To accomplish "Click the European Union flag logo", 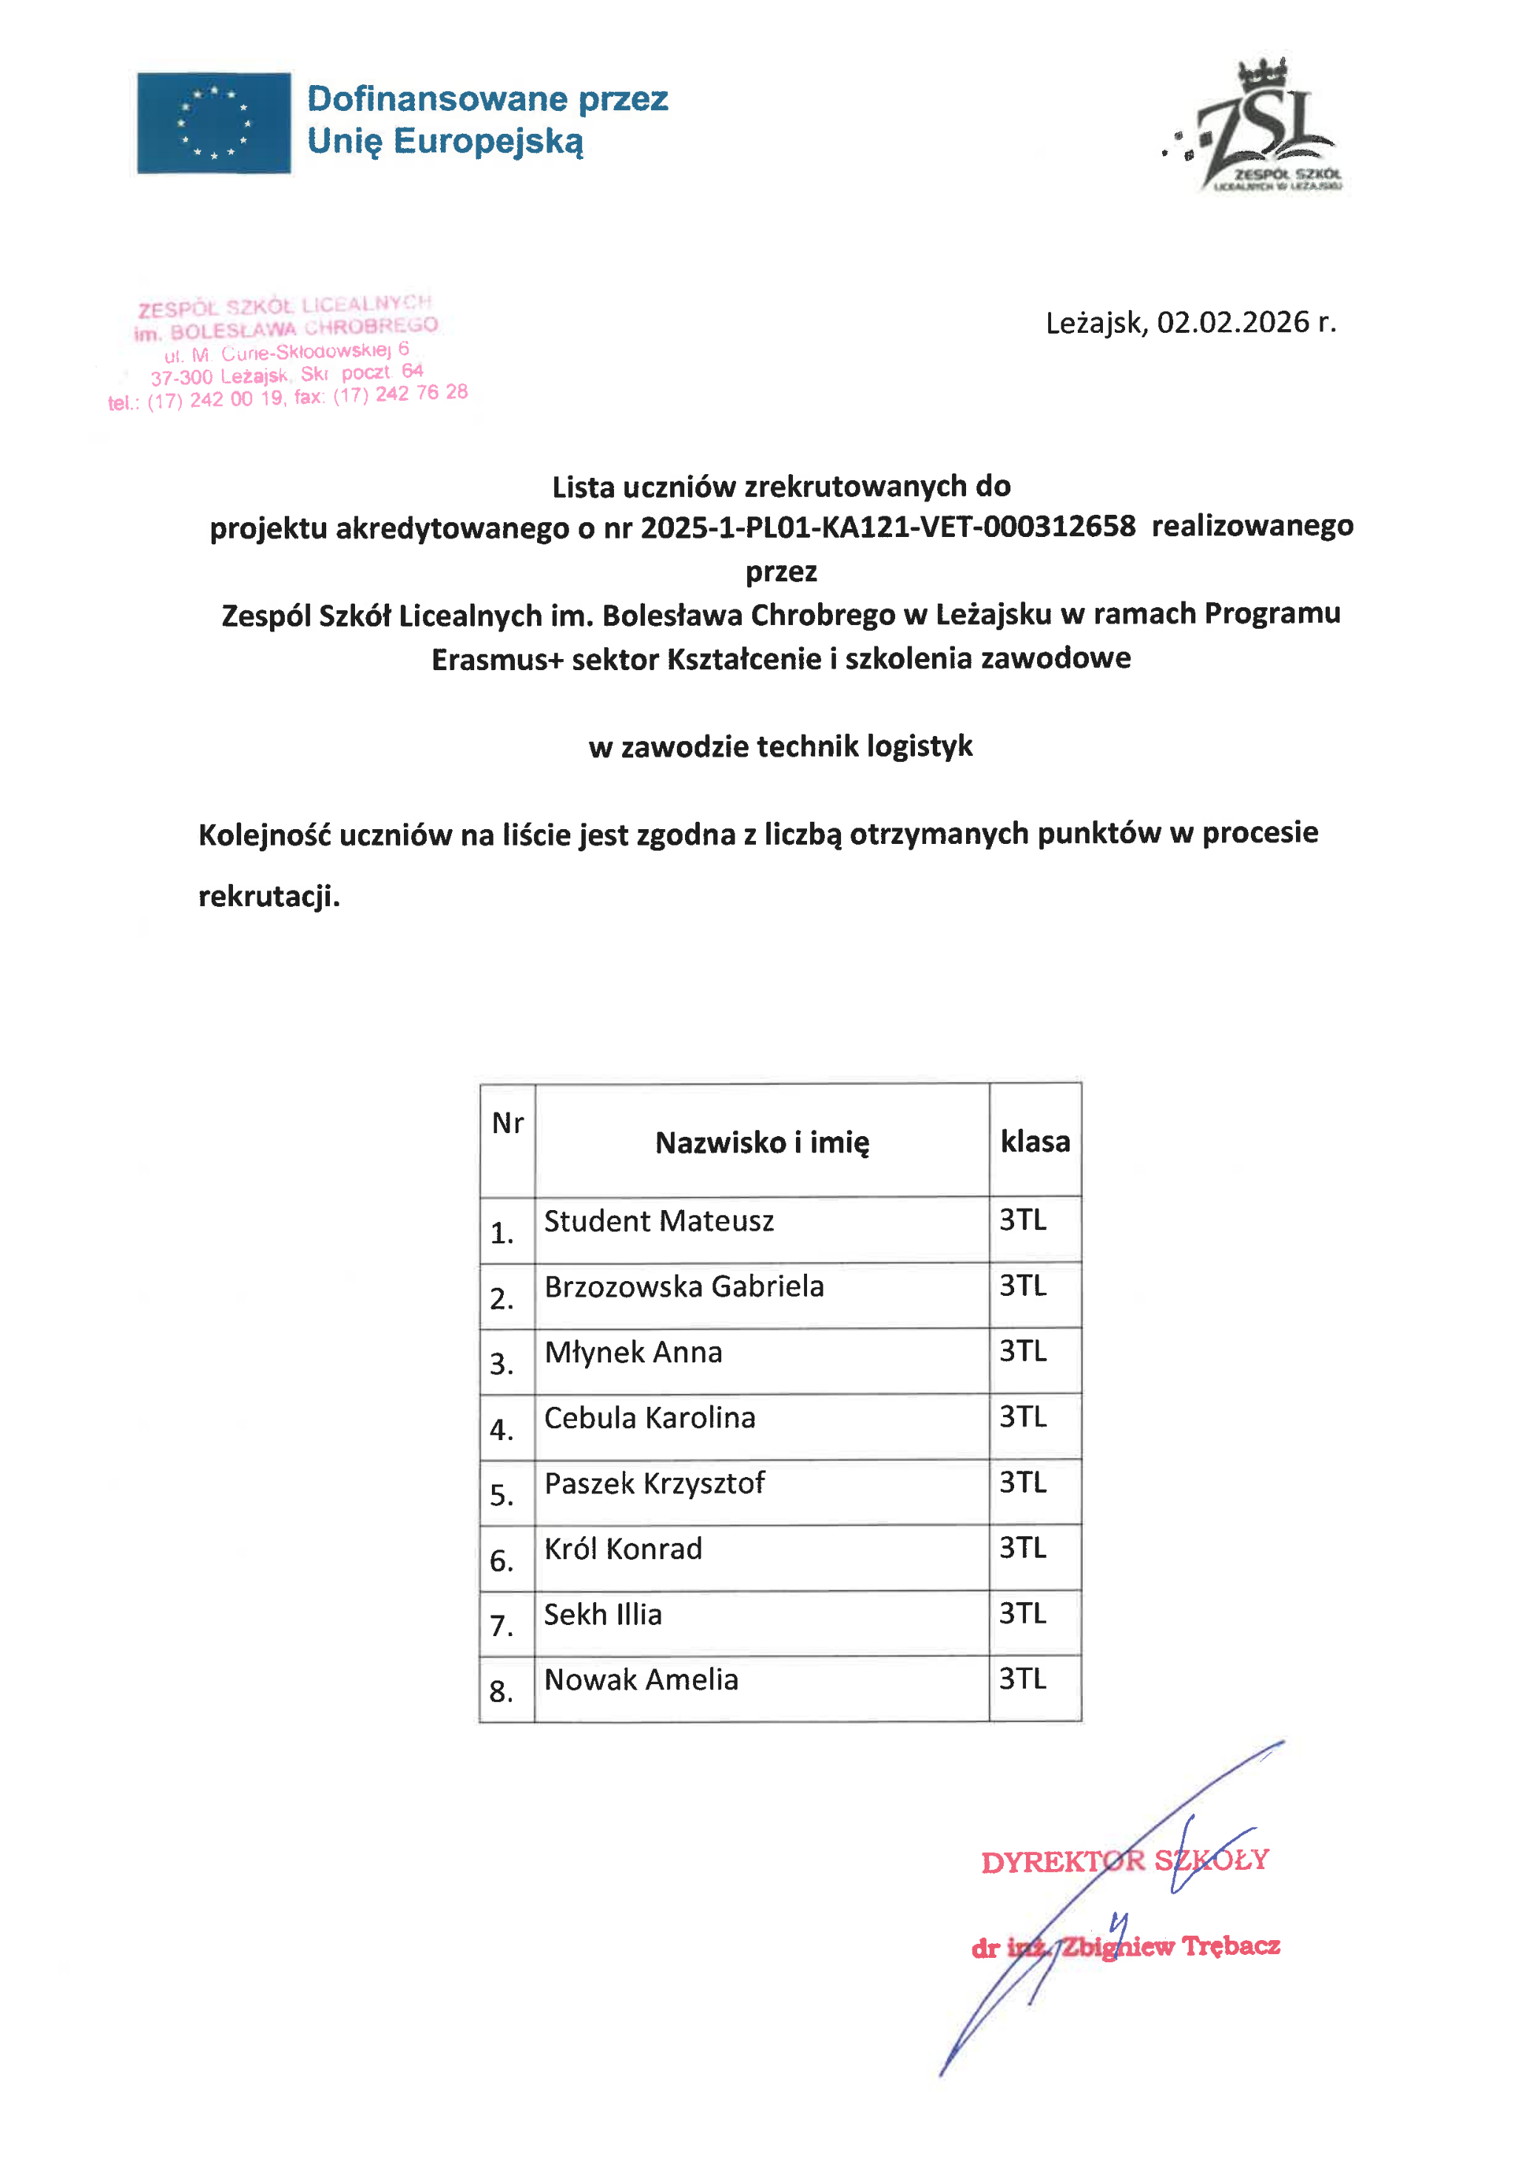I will click(x=214, y=123).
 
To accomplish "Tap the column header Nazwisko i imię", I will click(x=762, y=1142).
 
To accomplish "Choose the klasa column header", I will click(x=1035, y=1141).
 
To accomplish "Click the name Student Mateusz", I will click(x=659, y=1221).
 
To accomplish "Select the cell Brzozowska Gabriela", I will click(x=684, y=1286).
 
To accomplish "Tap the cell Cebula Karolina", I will click(x=649, y=1417).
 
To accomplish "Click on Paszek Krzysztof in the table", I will click(x=655, y=1483).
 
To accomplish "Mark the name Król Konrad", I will click(x=624, y=1549).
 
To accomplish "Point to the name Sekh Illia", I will click(x=603, y=1614).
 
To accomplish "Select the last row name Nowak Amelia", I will click(x=641, y=1680).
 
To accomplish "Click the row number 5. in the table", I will click(x=502, y=1496).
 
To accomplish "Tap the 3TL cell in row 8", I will click(x=1022, y=1679).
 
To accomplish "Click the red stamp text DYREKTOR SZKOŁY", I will click(x=1124, y=1861).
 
